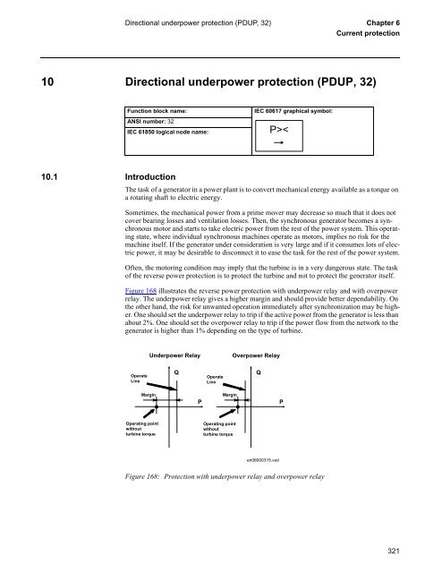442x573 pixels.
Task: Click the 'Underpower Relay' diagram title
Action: (x=174, y=330)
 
